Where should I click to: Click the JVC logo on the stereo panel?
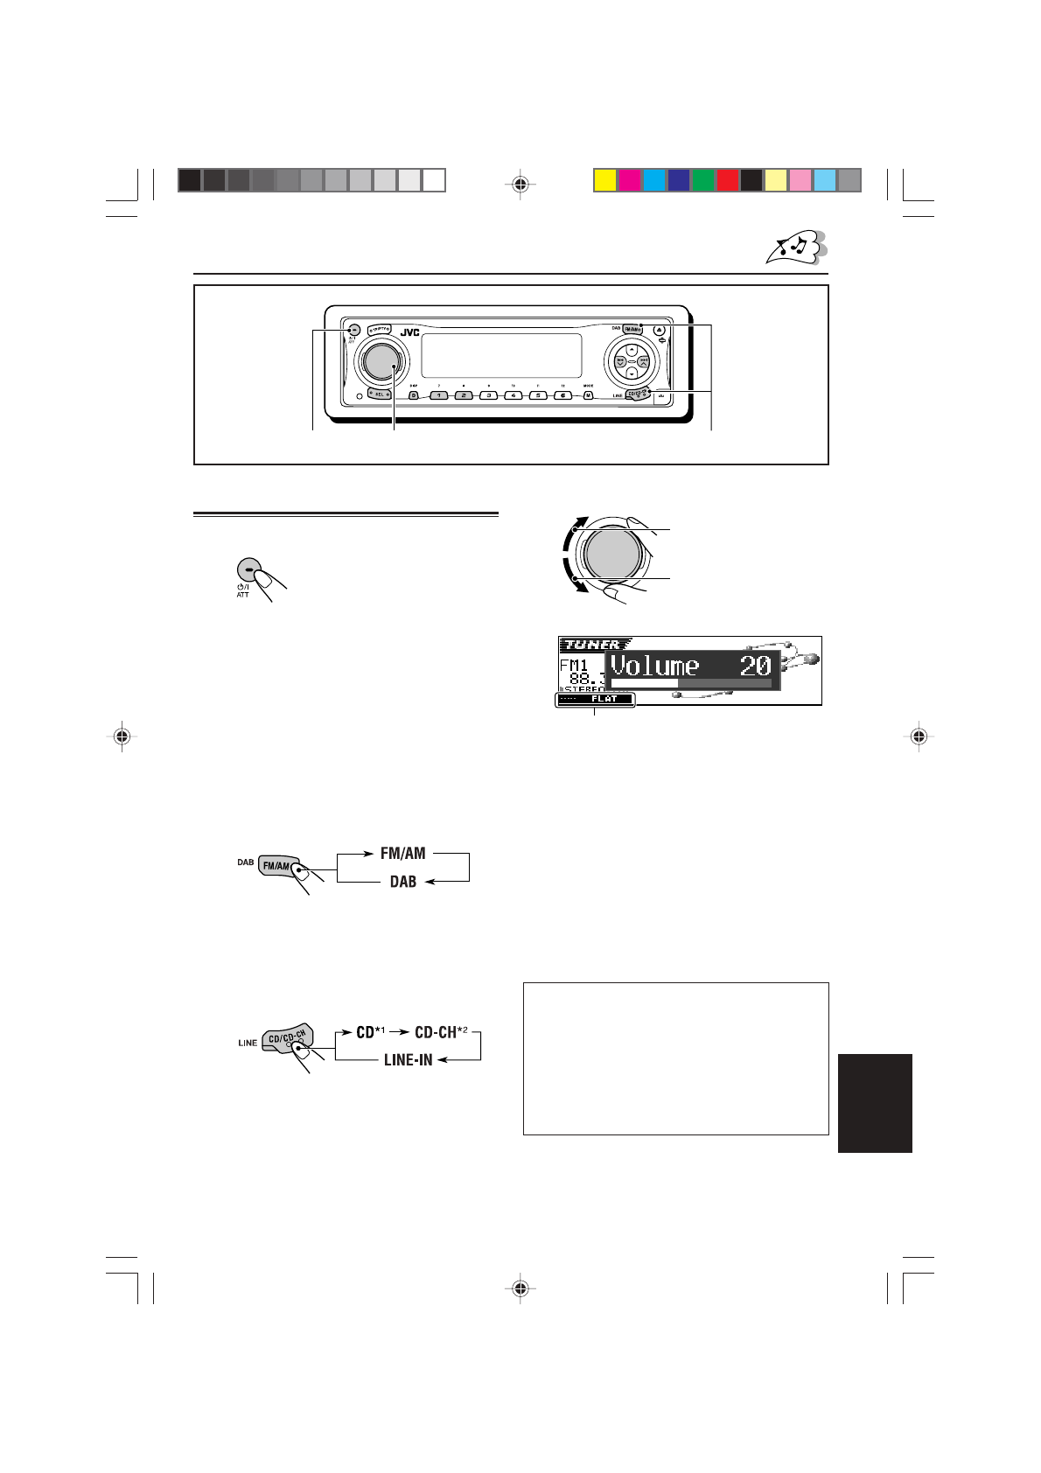[x=410, y=332]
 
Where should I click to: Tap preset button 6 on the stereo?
[x=565, y=395]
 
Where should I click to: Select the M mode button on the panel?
[x=589, y=395]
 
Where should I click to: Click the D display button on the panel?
[x=414, y=395]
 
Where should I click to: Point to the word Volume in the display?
[x=654, y=667]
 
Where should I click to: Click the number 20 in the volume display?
[x=755, y=667]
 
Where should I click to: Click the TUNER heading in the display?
[x=592, y=645]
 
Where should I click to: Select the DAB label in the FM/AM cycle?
[x=402, y=883]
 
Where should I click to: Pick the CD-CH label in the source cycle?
[x=436, y=1032]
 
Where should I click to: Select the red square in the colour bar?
[x=727, y=180]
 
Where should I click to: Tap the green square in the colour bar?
[x=702, y=180]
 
